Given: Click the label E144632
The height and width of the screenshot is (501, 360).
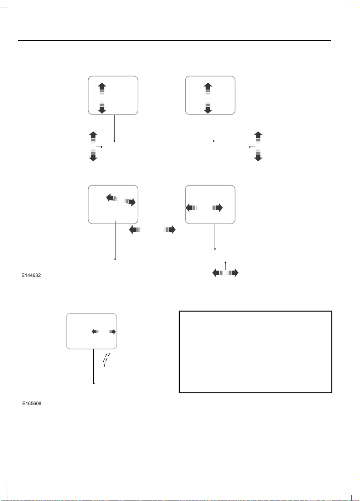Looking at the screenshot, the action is pos(31,276).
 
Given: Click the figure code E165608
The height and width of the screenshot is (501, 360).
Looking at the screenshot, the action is pos(32,404).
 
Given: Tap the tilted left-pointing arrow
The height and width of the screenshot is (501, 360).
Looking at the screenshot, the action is pos(112,198).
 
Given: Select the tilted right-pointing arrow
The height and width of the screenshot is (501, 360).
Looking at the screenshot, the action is pos(130,201).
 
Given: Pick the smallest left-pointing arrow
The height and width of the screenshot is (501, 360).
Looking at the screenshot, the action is pos(95,332).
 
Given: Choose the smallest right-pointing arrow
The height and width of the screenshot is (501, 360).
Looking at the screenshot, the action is pos(112,332).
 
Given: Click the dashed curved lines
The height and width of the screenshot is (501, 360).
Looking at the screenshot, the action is pos(106,360).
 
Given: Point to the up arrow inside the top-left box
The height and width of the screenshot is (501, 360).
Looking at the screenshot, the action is pos(102,89).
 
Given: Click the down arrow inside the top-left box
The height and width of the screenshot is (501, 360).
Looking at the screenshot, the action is pos(102,108).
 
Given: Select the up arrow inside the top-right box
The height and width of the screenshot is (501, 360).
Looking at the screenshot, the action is pos(208,89).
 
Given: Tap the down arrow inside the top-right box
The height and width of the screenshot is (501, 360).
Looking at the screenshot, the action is pos(208,108).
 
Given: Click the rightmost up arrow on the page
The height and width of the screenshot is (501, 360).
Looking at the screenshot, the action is pos(258,138).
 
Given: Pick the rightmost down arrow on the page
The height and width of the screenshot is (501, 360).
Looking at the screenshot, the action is pos(258,155).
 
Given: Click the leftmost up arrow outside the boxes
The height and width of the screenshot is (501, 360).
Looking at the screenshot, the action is pos(93,138).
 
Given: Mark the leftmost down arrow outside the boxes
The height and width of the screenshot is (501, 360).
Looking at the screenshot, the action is pos(93,155).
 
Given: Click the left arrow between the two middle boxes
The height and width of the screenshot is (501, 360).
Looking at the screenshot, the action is pos(135,229).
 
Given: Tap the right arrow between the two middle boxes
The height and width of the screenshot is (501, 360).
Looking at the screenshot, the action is pos(169,229).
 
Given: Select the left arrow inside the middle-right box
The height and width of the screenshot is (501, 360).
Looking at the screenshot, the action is pos(192,208).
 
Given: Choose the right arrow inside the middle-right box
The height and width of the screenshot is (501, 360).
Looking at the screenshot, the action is pos(217,208).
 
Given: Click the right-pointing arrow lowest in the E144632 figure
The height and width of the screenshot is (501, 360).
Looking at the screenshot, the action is pos(233,273).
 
